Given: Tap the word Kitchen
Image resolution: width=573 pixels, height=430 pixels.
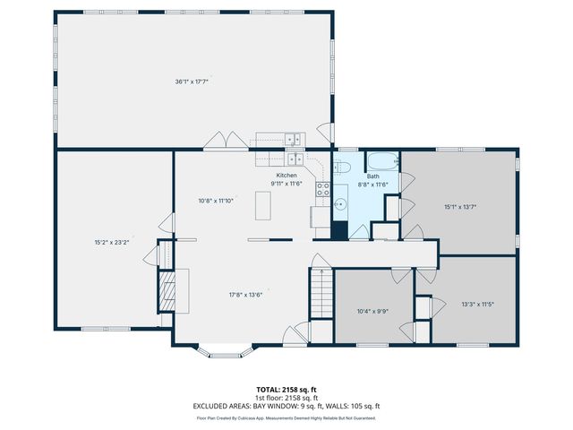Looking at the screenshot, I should [x=286, y=175].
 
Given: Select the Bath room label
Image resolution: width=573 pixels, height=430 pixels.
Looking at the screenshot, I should [x=372, y=176].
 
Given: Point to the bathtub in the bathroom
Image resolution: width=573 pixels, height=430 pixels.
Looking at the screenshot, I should [x=383, y=162].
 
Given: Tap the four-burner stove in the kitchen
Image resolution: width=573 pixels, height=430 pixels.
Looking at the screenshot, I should [x=324, y=190].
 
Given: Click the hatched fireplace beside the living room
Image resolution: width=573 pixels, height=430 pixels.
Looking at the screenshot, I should [x=167, y=288].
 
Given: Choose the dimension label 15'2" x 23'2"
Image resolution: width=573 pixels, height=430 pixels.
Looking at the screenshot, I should [x=112, y=242].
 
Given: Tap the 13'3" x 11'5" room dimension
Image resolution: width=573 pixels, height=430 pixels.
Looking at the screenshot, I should [x=477, y=304].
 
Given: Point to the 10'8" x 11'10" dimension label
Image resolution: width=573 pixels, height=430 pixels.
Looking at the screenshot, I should [x=216, y=201].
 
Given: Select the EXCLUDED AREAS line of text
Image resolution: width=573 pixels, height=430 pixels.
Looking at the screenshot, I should [x=286, y=406].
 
